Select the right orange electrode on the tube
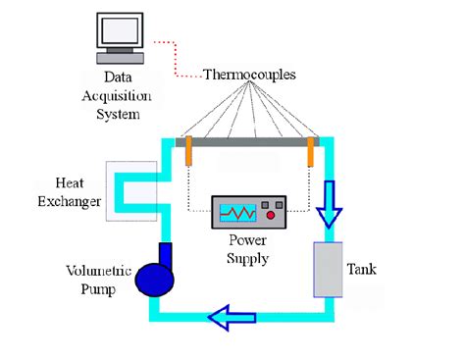point(311,151)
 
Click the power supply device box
point(248,212)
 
